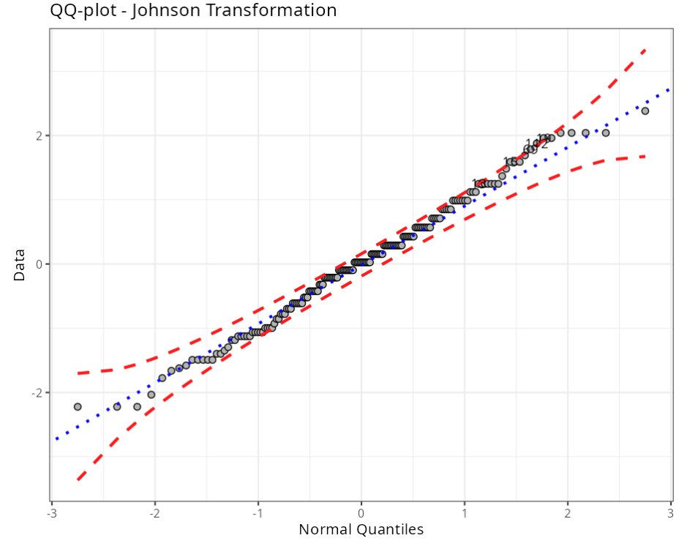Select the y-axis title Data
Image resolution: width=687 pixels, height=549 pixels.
20,265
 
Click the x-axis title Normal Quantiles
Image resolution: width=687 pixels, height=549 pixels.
361,529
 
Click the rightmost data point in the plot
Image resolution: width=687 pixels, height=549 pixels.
645,111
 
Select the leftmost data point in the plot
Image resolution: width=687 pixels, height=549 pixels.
78,406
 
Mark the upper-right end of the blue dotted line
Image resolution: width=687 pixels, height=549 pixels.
669,89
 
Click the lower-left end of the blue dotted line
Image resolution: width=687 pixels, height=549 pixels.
53,439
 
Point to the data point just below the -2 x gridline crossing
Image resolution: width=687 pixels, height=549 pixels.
151,395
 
